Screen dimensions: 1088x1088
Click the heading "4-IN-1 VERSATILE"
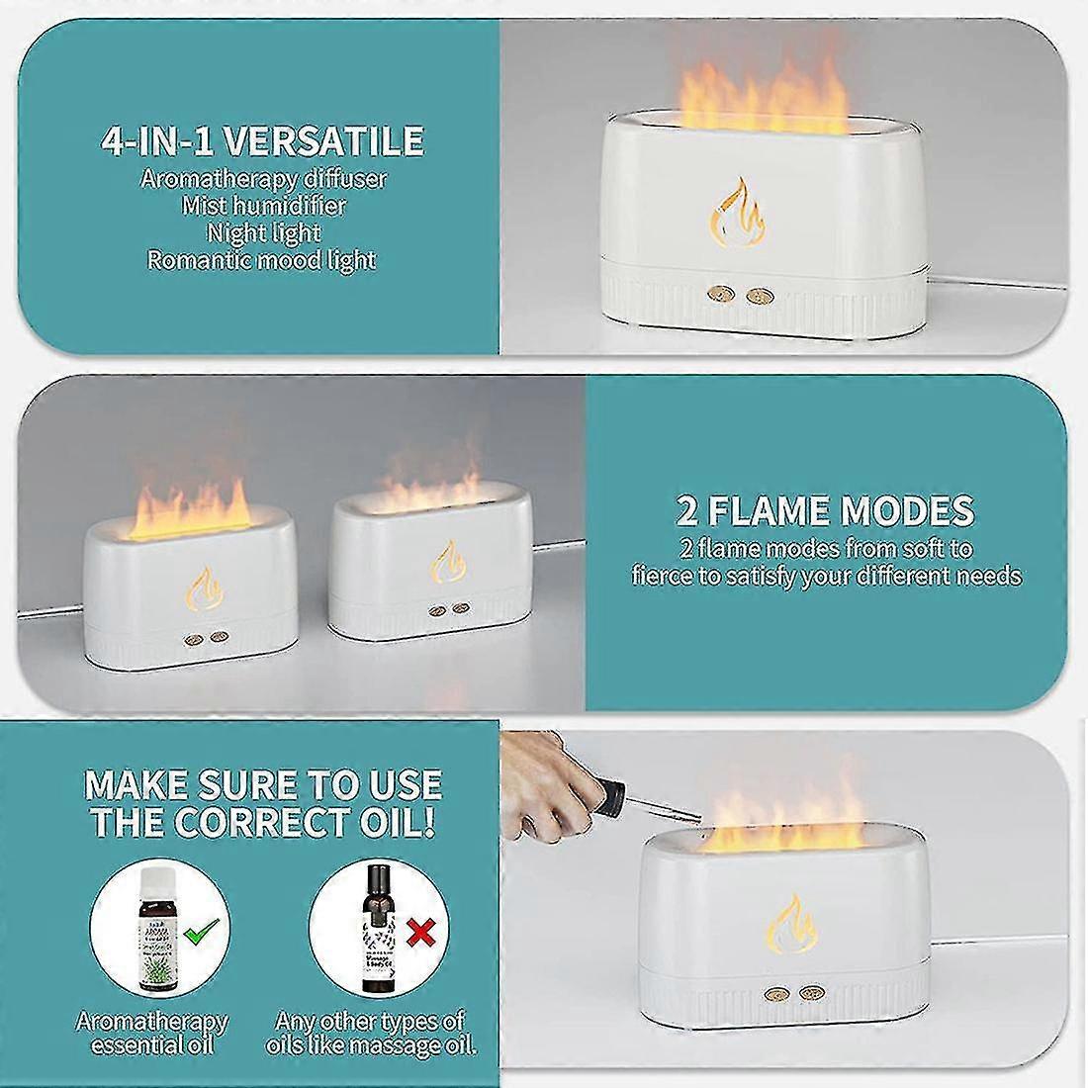click(262, 140)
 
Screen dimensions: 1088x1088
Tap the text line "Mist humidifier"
click(263, 206)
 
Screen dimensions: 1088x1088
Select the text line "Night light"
click(263, 233)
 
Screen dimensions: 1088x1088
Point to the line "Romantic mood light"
click(262, 260)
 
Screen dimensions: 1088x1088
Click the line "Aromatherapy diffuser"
click(263, 179)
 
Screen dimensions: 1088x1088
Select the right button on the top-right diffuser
click(760, 296)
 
